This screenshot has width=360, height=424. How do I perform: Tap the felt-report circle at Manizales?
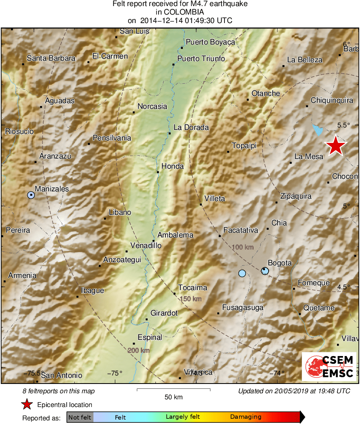[31, 195]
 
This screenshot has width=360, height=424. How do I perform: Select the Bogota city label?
[280, 263]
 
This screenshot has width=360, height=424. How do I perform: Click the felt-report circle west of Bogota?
[242, 273]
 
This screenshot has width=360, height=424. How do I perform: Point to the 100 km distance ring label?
[243, 247]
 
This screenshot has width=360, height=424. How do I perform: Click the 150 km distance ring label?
[191, 299]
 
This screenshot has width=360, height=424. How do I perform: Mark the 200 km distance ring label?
[139, 350]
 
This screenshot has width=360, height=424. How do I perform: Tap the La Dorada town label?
[191, 127]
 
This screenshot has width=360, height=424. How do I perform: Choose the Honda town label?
[172, 166]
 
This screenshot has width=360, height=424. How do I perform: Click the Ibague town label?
[93, 290]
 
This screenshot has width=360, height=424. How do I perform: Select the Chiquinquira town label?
[332, 100]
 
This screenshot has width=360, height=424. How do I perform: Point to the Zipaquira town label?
[296, 196]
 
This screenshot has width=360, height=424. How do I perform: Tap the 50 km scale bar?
[174, 390]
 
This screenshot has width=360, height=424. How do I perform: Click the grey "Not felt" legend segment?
[80, 417]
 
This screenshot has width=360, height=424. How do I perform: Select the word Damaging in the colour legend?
[246, 417]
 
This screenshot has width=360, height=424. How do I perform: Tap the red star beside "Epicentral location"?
[27, 405]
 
